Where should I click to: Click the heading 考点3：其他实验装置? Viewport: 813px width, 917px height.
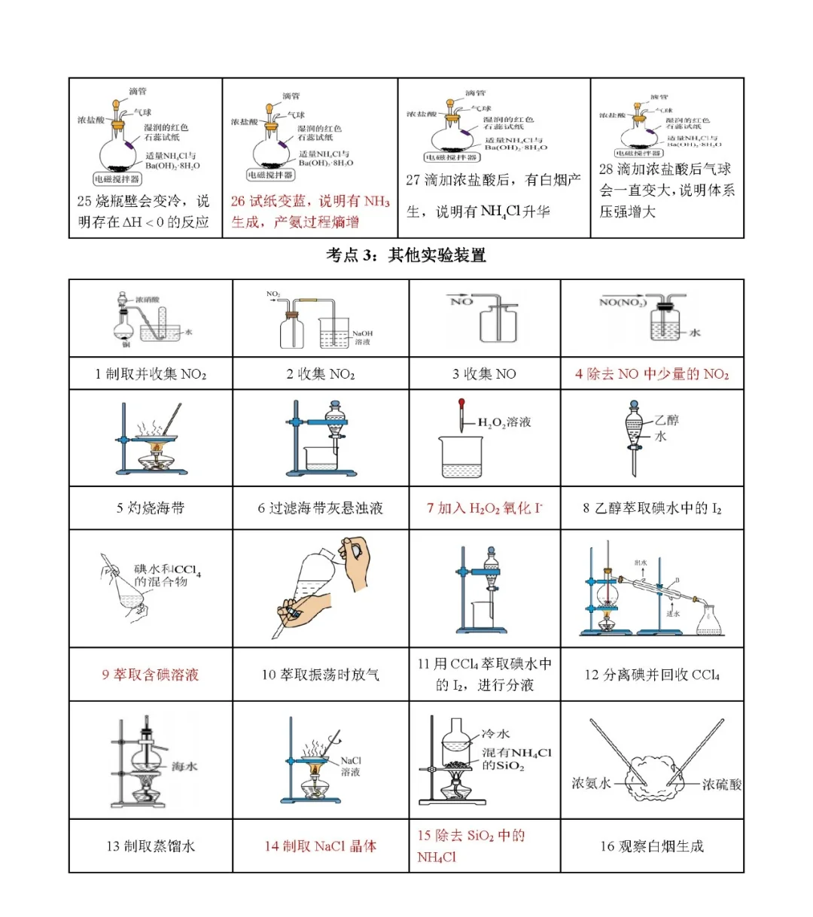(406, 255)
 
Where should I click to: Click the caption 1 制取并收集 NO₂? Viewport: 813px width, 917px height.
(151, 374)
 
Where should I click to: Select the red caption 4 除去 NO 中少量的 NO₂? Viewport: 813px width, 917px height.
(652, 374)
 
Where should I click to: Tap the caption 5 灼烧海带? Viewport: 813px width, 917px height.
(151, 508)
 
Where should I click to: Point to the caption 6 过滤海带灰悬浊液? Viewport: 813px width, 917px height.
(321, 508)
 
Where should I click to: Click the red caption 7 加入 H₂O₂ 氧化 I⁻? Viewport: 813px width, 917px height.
(485, 508)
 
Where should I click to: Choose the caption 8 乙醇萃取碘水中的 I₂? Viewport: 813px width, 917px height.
(652, 508)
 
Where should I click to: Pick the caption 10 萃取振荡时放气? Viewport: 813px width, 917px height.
(321, 675)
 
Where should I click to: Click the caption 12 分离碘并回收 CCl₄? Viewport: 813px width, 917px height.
(652, 675)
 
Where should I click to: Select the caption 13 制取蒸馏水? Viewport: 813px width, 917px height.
(151, 846)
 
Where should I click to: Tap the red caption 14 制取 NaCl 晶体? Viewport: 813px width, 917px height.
(321, 846)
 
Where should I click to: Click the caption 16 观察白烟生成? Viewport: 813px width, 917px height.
(652, 846)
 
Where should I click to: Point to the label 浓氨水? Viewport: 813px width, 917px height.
(592, 783)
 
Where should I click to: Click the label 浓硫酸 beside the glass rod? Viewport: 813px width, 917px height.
(721, 784)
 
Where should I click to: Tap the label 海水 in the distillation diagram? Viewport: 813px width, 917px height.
(184, 766)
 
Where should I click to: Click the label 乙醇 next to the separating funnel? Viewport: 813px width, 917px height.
(666, 420)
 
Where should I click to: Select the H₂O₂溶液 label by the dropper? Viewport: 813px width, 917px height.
(504, 422)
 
